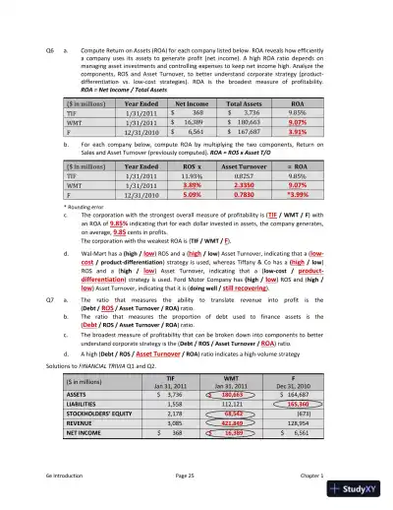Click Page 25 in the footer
point(196,475)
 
